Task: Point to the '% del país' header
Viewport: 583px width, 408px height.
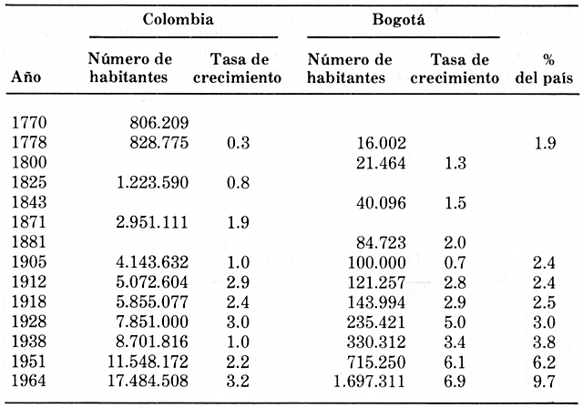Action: [x=547, y=69]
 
